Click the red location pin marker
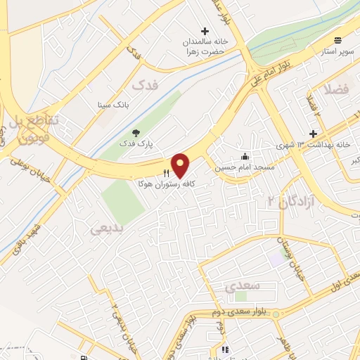[x=181, y=165]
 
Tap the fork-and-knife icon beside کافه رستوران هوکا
[x=166, y=172]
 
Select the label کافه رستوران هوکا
[x=176, y=182]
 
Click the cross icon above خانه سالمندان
[x=205, y=31]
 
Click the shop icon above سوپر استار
[x=338, y=40]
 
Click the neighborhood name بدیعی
[x=108, y=229]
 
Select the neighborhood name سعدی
[x=245, y=285]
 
